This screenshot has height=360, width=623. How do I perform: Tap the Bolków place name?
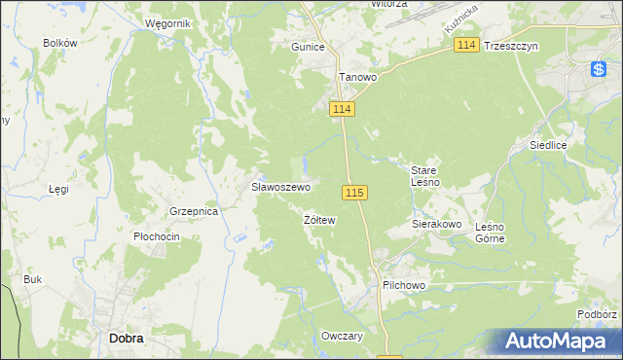click(x=59, y=43)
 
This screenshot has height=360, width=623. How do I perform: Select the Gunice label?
click(x=308, y=46)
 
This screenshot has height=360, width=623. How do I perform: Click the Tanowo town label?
click(x=356, y=76)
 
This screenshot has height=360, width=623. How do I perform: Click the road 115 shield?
click(x=353, y=193)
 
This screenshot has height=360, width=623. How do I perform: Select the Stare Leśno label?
click(x=425, y=176)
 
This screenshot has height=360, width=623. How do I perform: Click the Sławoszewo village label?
click(x=281, y=186)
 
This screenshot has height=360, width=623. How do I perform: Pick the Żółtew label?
click(x=319, y=221)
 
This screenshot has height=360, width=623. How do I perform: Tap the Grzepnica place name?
click(x=192, y=210)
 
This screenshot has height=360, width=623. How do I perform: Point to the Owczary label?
click(x=342, y=336)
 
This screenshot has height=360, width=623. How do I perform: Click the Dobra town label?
click(x=127, y=338)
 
